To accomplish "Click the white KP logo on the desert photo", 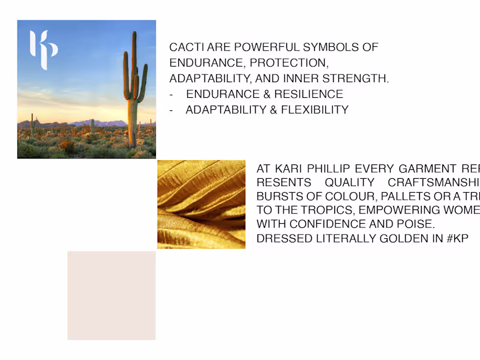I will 43,50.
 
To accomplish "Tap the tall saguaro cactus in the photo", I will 133,90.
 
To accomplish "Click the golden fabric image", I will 201,204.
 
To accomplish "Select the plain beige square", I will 111,295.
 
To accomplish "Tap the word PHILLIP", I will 332,169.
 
